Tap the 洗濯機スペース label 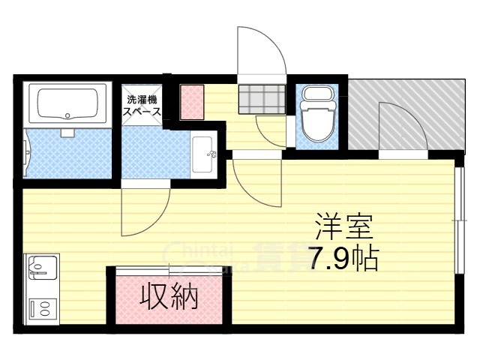coord(142,104)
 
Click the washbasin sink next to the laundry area coord(202,156)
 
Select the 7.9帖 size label coord(341,259)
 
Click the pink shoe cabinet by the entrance coord(191,101)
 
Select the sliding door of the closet coord(169,268)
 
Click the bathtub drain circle coord(67,116)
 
